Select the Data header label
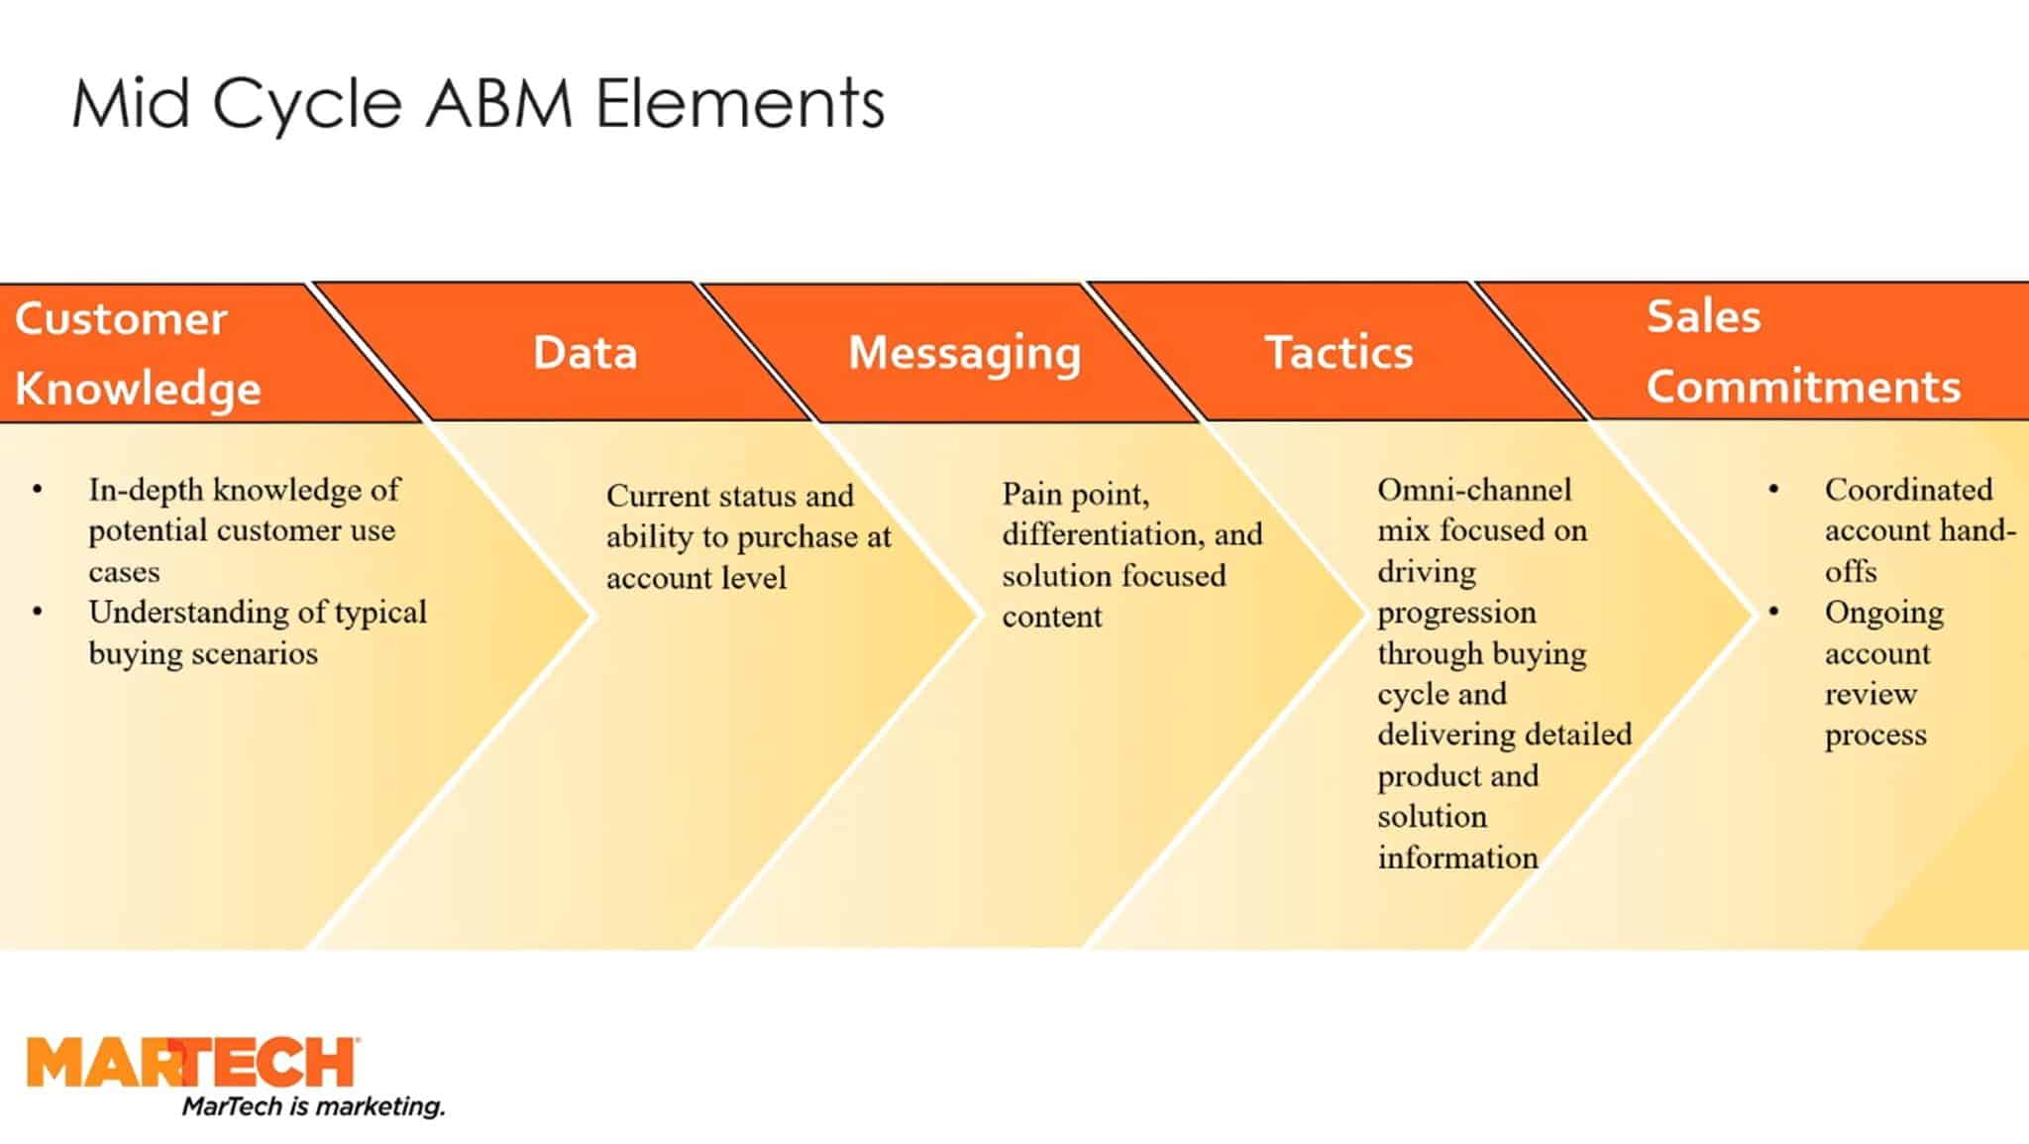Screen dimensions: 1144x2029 (x=585, y=353)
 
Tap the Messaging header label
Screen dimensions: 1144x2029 (x=964, y=353)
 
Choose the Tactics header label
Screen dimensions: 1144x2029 (x=1338, y=353)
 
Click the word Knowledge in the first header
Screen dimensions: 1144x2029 (x=138, y=388)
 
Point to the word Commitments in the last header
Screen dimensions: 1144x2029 (x=1803, y=386)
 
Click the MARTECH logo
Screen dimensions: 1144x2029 (x=193, y=1063)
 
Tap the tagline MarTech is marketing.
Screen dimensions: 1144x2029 (x=313, y=1106)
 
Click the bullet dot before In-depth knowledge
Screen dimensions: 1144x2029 (x=38, y=490)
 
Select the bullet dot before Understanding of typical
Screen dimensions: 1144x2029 (x=38, y=613)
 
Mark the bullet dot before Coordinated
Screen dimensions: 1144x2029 (x=1773, y=490)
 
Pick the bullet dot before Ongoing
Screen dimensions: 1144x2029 (x=1773, y=613)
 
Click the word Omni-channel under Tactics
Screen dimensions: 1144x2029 (x=1473, y=490)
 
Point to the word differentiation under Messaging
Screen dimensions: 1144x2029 (x=1102, y=534)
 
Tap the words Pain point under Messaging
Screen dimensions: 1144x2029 (x=1075, y=494)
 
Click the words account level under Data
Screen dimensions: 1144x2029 (x=695, y=578)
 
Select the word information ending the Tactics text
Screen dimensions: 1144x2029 (x=1457, y=858)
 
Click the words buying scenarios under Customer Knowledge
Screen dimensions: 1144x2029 (x=203, y=654)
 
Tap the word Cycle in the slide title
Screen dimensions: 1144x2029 (x=307, y=103)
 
